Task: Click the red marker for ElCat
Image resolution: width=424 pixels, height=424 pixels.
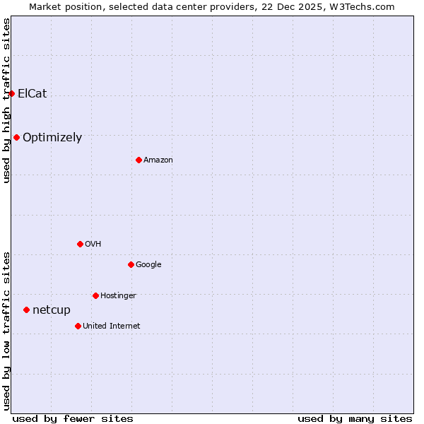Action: tap(11, 93)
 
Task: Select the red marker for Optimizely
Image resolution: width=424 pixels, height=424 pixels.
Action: tap(16, 137)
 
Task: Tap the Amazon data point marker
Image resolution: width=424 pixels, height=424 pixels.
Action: tap(139, 160)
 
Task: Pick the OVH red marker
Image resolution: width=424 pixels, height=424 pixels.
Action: tap(80, 244)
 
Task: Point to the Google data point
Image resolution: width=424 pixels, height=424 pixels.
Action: tap(131, 264)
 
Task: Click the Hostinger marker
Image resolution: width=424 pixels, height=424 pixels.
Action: tap(95, 295)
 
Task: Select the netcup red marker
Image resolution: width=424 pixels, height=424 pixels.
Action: tap(26, 310)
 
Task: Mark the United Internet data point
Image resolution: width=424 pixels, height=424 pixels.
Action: tap(78, 326)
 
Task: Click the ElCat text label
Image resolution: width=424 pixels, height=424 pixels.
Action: tap(33, 93)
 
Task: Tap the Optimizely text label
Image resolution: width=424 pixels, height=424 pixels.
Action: tap(52, 138)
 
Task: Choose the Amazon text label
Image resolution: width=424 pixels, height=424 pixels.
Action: tap(158, 160)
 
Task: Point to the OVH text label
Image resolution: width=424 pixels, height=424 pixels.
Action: tap(93, 245)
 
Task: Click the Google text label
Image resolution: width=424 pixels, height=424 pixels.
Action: tap(148, 265)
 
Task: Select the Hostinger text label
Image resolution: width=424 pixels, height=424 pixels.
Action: tap(118, 295)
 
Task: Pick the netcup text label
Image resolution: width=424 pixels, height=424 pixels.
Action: tap(52, 310)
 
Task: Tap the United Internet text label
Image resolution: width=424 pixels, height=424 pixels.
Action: tap(112, 326)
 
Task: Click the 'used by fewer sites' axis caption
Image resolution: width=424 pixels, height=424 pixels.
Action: tap(73, 418)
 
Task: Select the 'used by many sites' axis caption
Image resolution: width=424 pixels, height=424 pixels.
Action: tap(355, 418)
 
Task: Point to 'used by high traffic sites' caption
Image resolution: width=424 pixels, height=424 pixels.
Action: tap(6, 101)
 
